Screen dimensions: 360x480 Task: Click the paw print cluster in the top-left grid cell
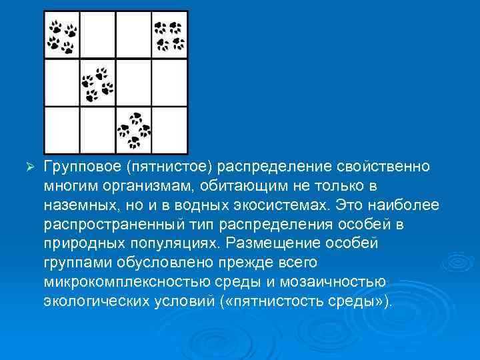click(63, 36)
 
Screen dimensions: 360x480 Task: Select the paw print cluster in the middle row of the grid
click(97, 83)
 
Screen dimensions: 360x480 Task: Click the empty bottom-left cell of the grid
click(61, 131)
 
